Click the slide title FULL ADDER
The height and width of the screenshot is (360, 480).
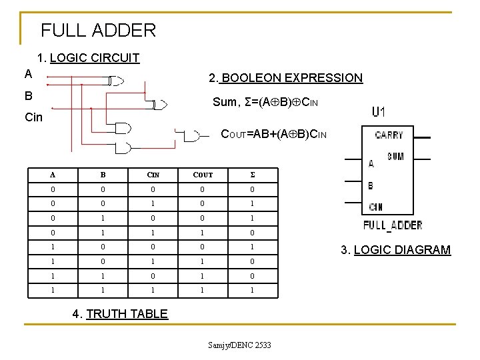[98, 30]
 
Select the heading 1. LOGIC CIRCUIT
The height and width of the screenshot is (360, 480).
[89, 57]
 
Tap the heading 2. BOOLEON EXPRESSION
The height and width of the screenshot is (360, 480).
[285, 78]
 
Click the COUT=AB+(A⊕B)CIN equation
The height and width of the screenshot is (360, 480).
[274, 135]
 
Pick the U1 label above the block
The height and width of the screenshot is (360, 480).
[378, 112]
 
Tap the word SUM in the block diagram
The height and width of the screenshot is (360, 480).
[395, 157]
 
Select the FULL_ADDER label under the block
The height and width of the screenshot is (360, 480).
[393, 225]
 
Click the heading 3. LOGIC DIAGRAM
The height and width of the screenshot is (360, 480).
[395, 250]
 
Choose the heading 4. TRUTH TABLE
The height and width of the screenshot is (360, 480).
[119, 313]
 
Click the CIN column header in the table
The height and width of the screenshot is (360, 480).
[154, 175]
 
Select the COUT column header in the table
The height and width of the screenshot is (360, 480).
[203, 175]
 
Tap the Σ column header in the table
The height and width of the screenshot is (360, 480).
[251, 175]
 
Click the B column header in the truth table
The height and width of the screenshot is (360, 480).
[103, 175]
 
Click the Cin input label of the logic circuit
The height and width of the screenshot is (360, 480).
[33, 117]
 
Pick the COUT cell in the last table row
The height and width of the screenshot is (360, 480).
[203, 291]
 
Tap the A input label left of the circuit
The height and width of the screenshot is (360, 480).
[28, 73]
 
